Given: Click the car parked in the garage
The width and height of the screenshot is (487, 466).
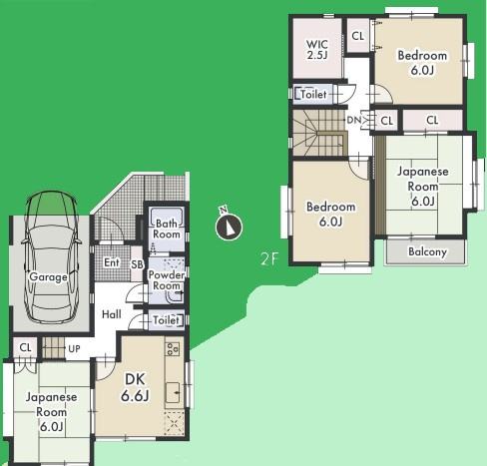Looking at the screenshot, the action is (x=51, y=256).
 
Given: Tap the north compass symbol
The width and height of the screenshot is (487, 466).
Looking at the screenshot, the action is (x=229, y=227).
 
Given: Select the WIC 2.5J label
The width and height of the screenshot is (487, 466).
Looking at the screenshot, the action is (x=317, y=50).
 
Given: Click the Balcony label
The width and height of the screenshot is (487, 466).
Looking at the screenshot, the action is (x=427, y=251).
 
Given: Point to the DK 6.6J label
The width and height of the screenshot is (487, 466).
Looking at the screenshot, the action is (x=135, y=387).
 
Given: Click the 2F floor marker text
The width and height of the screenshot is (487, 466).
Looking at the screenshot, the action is (x=268, y=258).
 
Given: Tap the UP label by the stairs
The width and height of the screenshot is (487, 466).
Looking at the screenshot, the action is (x=74, y=348).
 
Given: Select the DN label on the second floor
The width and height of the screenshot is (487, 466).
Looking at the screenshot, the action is (x=353, y=120).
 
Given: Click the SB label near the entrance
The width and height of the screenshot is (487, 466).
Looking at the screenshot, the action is (x=137, y=264).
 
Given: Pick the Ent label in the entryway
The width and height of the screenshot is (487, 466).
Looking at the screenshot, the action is (x=112, y=262).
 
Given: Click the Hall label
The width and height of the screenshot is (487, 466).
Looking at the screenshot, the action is (x=112, y=314).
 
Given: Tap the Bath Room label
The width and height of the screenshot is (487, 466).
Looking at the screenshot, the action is (x=167, y=229).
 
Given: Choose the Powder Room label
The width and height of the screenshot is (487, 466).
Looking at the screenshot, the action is (x=167, y=280).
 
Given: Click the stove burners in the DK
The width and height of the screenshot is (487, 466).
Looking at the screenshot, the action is (x=173, y=349).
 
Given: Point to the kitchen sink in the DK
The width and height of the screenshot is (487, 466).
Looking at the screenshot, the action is (x=173, y=392).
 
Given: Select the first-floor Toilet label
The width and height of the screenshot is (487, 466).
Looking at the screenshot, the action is (x=166, y=320).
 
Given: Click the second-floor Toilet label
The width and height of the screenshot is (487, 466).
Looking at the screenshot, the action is (x=313, y=94).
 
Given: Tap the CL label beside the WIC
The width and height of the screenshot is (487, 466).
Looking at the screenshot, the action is (x=358, y=36).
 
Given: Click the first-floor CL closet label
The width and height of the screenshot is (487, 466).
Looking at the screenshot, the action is (x=25, y=347).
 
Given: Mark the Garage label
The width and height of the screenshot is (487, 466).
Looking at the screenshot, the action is (x=48, y=276).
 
